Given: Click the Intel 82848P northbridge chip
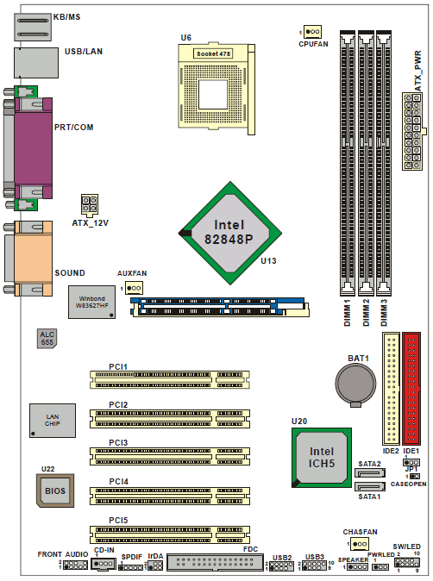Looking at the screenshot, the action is (x=229, y=233).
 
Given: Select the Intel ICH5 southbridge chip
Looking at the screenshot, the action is (x=322, y=458).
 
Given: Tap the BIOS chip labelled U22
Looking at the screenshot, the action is (x=55, y=490).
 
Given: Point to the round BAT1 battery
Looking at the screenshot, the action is (x=355, y=384).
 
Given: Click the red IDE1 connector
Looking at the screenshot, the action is (x=411, y=388).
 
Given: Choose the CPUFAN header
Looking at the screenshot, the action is (x=312, y=32).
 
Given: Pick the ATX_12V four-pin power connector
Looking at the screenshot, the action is (x=90, y=205).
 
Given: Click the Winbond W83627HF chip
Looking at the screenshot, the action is (x=91, y=302).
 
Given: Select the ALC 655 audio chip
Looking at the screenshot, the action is (x=47, y=338).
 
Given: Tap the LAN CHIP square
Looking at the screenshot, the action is (x=53, y=421).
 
